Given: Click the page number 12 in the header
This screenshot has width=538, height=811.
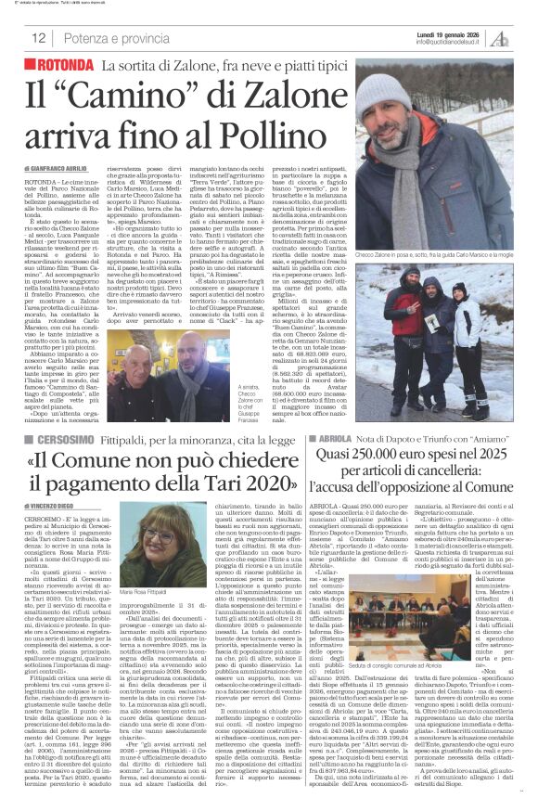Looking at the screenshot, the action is click(40, 38).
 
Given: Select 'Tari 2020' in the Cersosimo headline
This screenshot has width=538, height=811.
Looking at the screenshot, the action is click(251, 486).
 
